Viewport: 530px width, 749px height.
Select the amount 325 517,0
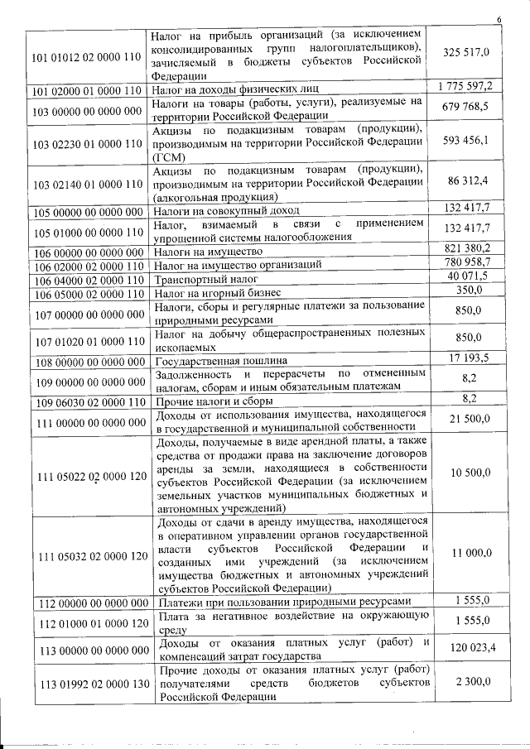466,53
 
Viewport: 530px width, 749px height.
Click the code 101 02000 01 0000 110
86,89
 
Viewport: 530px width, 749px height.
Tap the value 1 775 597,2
465,87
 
